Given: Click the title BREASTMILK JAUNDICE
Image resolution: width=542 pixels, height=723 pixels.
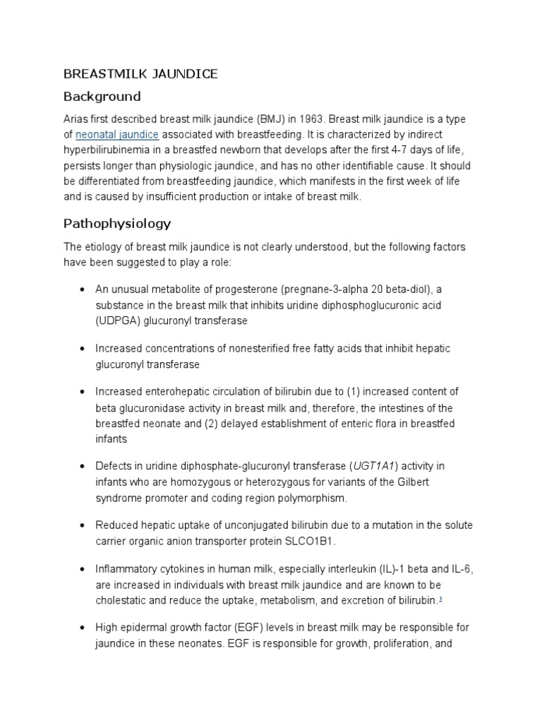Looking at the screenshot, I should click(141, 73).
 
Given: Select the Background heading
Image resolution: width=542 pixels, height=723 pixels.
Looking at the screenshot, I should click(102, 97).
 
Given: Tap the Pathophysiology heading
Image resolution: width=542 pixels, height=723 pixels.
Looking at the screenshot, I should click(117, 224).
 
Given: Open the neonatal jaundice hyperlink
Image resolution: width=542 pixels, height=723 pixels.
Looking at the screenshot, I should click(118, 134).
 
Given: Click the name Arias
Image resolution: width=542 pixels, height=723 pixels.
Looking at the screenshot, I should click(76, 119).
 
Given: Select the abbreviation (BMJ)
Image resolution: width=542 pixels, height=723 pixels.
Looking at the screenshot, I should click(257, 119).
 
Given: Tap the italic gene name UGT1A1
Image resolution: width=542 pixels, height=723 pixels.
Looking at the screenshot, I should click(375, 467).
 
